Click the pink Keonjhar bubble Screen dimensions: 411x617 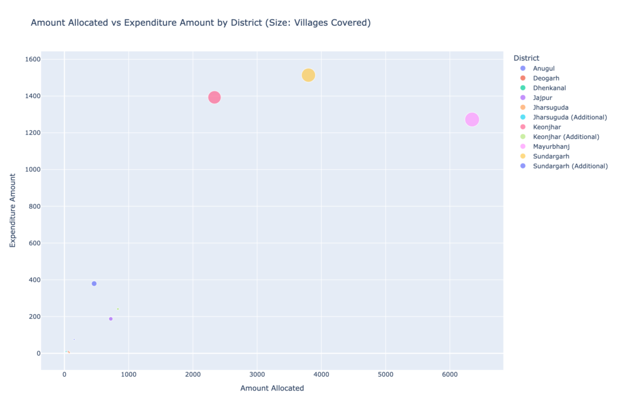point(215,97)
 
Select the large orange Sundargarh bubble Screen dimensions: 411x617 point(308,75)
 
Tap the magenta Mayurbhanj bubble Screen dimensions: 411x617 point(472,120)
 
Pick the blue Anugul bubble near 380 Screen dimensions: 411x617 point(94,283)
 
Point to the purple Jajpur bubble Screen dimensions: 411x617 point(111,319)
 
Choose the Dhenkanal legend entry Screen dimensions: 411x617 point(549,88)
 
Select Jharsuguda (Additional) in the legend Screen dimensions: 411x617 point(569,117)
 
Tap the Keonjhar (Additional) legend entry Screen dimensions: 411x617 point(566,137)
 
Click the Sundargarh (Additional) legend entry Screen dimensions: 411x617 point(570,166)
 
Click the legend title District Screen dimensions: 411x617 point(526,58)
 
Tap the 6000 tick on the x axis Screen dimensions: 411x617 point(449,374)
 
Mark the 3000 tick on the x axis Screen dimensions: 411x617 point(257,374)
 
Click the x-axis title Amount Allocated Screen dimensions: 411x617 point(272,389)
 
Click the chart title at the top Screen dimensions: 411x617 point(200,23)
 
